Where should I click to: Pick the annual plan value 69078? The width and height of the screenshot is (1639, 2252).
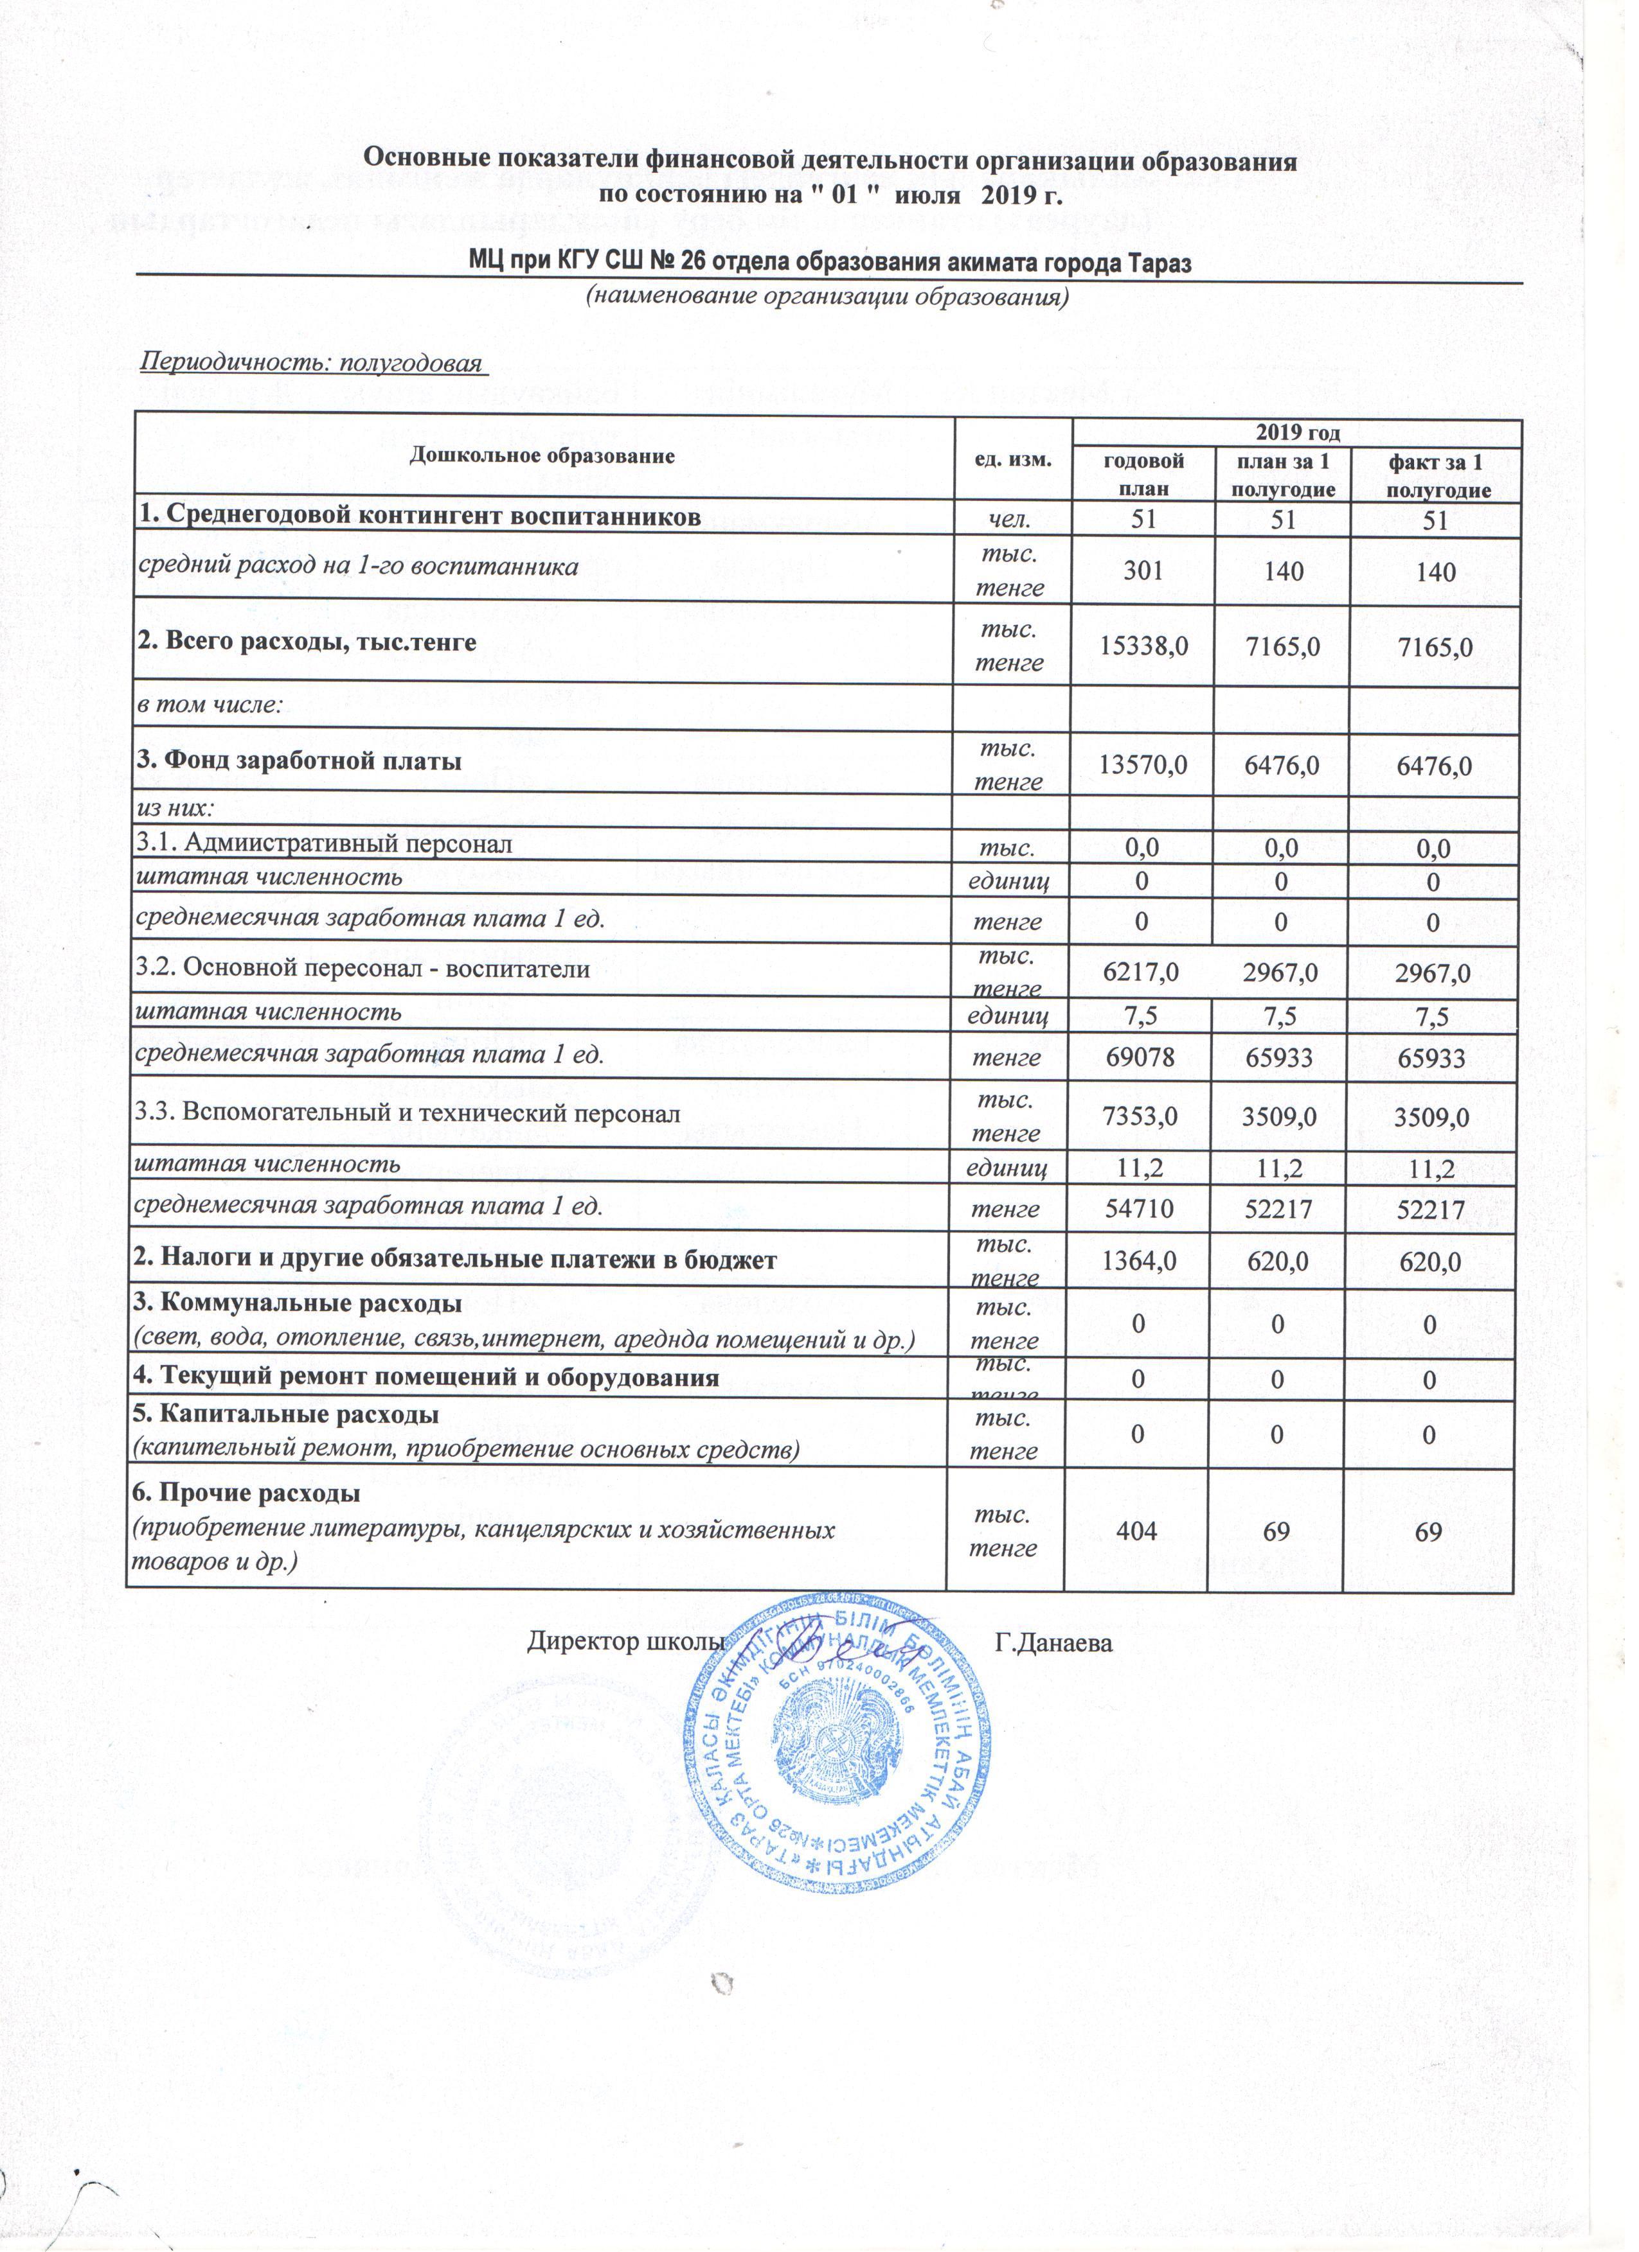click(1140, 1057)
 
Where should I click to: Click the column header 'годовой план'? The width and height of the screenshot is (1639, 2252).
click(1143, 473)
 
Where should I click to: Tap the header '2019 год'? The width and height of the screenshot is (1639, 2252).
click(1297, 433)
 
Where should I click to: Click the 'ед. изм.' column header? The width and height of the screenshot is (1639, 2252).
click(1012, 458)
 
